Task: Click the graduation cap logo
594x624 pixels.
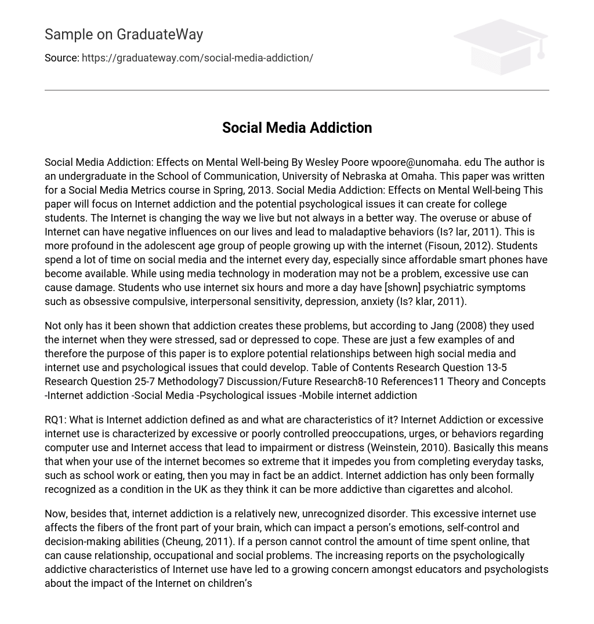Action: [x=500, y=46]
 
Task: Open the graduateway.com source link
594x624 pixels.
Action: [x=197, y=58]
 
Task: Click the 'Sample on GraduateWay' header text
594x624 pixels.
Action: [x=124, y=35]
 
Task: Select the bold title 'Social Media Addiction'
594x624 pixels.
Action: [x=296, y=128]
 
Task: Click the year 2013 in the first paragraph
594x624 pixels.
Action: [x=259, y=190]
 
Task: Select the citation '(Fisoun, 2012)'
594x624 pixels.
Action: [x=457, y=246]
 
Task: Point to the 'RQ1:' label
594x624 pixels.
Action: [x=56, y=420]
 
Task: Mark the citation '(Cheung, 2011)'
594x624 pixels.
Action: [x=198, y=542]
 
